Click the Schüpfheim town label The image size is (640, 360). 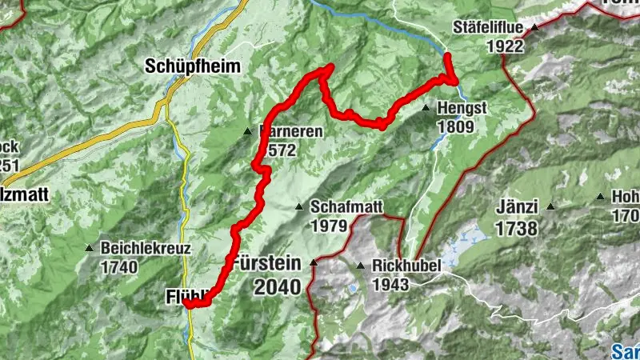click(193, 67)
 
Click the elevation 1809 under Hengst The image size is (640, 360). click(455, 126)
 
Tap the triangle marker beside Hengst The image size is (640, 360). click(426, 106)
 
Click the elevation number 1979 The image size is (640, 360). click(329, 225)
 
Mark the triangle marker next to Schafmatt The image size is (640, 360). click(299, 206)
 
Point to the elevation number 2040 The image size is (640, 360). click(278, 286)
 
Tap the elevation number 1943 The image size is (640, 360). click(390, 284)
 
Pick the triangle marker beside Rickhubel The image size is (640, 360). click(361, 266)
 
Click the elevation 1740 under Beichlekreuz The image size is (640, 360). click(119, 267)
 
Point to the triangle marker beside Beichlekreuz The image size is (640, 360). click(90, 247)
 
